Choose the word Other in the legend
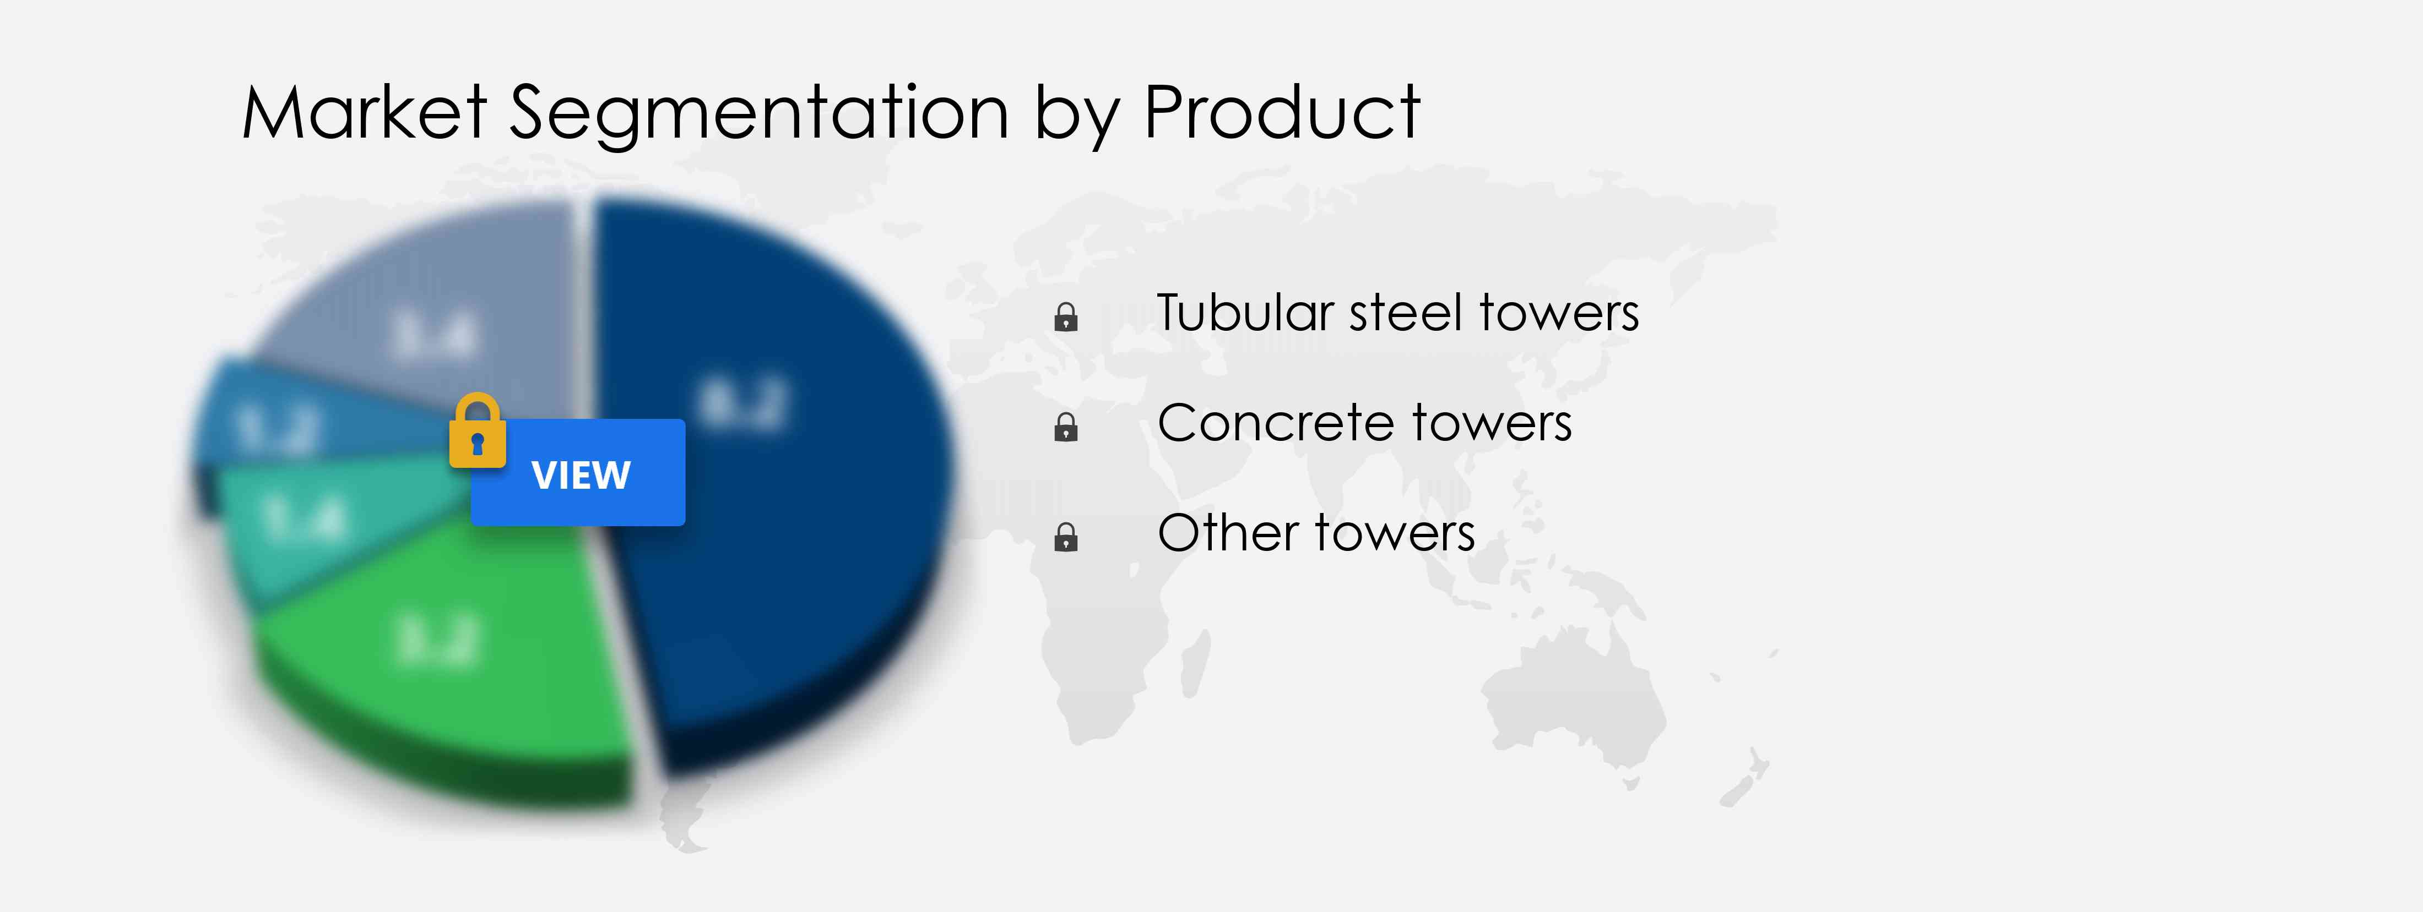pos(1228,533)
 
